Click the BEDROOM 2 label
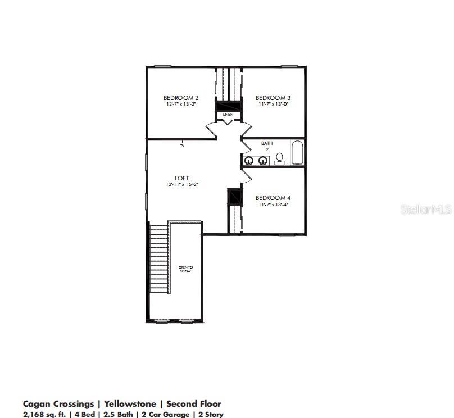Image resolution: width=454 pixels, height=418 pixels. tap(181, 98)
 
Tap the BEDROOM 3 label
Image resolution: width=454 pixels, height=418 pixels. tap(274, 98)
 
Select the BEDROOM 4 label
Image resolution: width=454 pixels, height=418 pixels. tap(274, 198)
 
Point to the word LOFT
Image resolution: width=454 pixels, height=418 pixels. tap(181, 178)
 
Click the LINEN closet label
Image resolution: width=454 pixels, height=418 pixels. tap(228, 115)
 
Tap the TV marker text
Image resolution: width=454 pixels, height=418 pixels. tap(182, 146)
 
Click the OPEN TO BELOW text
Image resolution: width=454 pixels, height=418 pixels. tap(185, 269)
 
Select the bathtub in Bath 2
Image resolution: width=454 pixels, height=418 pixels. tap(297, 152)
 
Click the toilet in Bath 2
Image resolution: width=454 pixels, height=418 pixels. tap(280, 160)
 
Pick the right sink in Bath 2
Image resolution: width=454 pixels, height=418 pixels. tap(262, 161)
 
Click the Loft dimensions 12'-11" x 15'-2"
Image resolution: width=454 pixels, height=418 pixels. tap(181, 184)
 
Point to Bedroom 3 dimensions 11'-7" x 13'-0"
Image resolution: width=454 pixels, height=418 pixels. tap(274, 104)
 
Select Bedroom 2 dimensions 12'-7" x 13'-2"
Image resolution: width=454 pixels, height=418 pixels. tap(181, 104)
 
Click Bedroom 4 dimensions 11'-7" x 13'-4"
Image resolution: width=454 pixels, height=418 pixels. tap(274, 205)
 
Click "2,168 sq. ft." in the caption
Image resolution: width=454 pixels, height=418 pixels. tap(45, 415)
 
